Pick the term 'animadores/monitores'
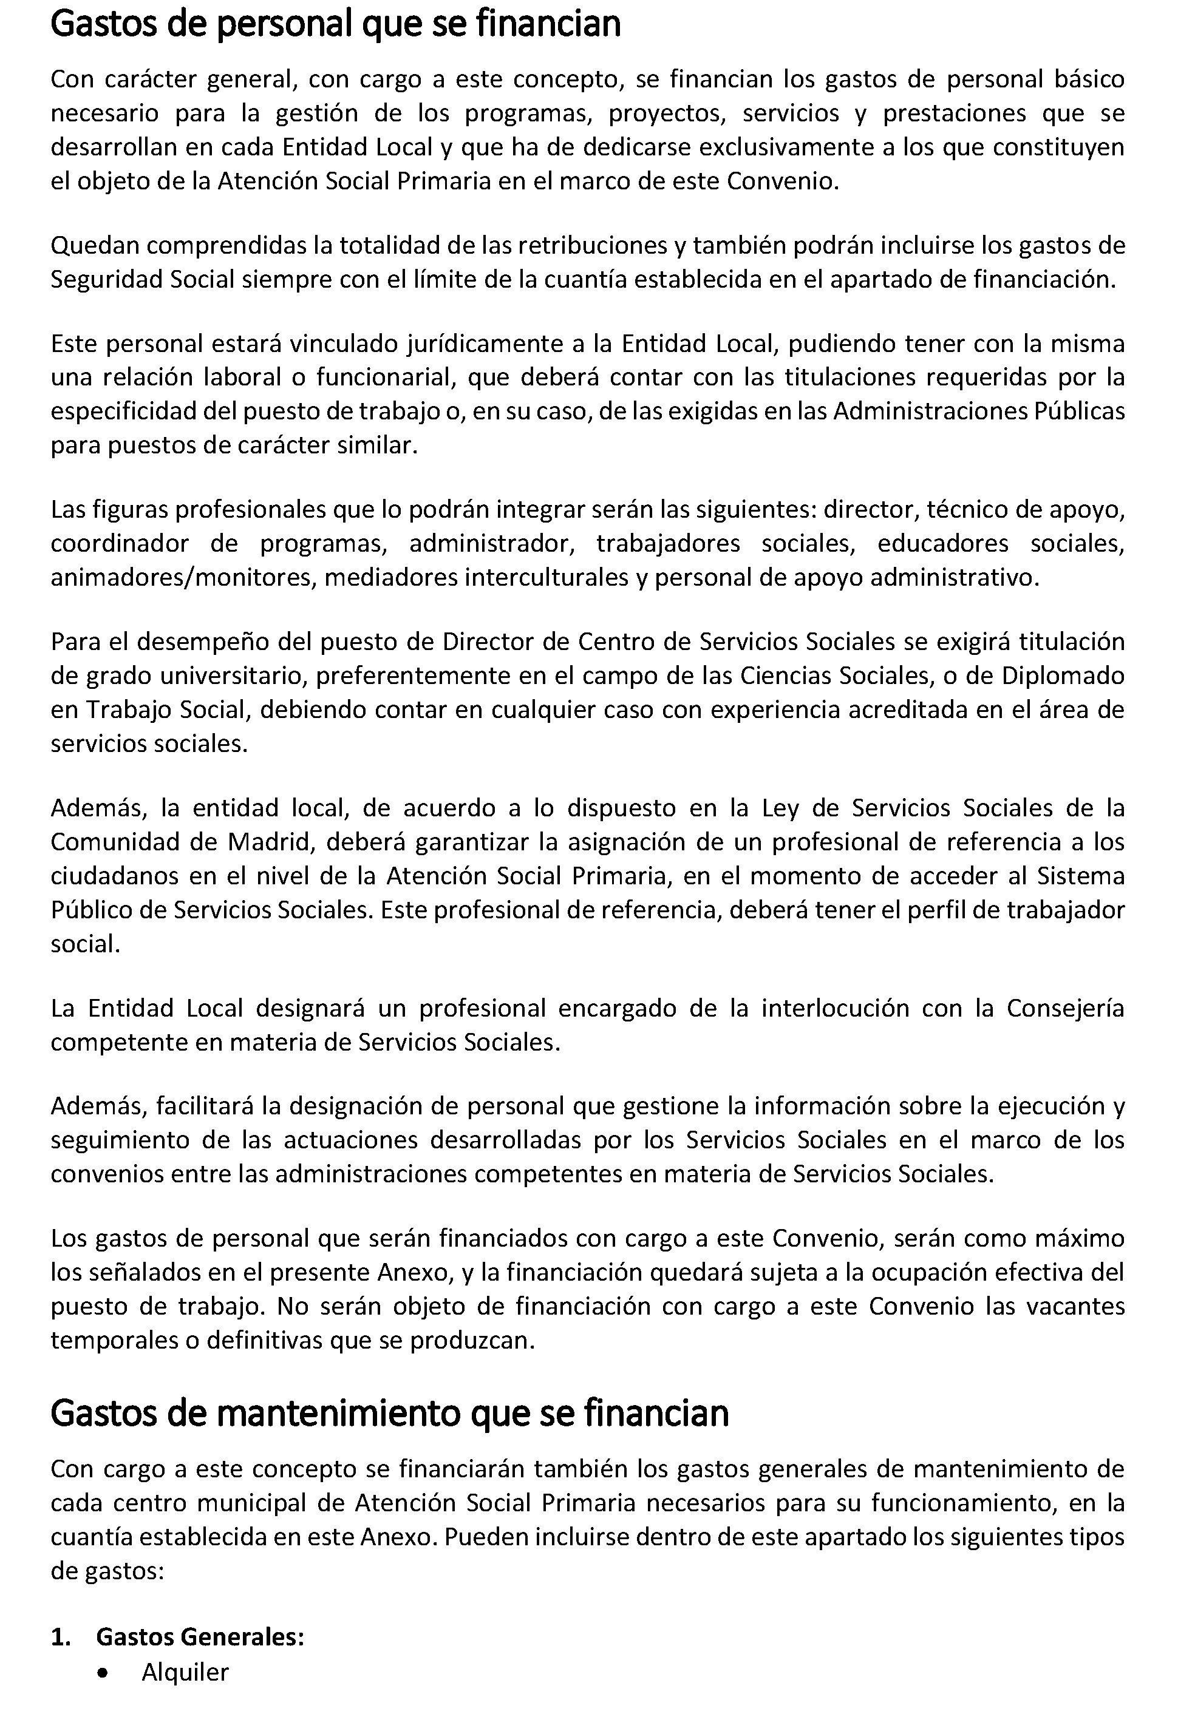pyautogui.click(x=182, y=577)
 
